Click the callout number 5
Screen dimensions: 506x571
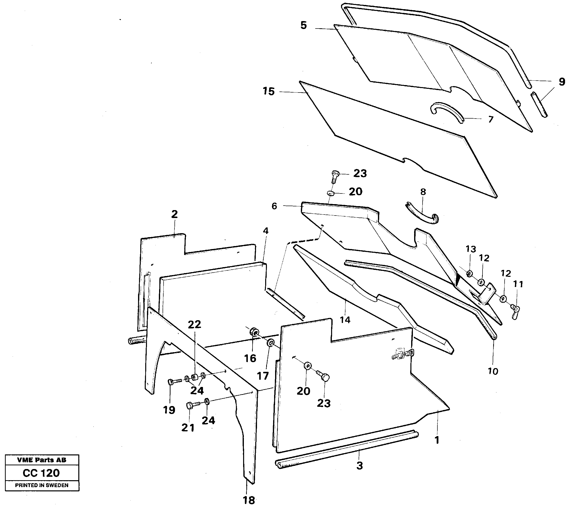304,26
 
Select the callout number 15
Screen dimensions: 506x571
269,92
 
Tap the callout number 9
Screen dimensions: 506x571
562,82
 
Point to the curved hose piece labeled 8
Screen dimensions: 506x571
422,216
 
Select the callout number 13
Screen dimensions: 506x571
471,249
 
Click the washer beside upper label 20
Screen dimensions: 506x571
331,193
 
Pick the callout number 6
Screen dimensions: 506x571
274,206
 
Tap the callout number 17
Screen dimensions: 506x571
263,376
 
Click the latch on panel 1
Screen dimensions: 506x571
402,354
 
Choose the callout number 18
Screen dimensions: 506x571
249,500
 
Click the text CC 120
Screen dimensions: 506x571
41,473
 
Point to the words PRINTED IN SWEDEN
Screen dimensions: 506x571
42,485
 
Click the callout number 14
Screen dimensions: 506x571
345,319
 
